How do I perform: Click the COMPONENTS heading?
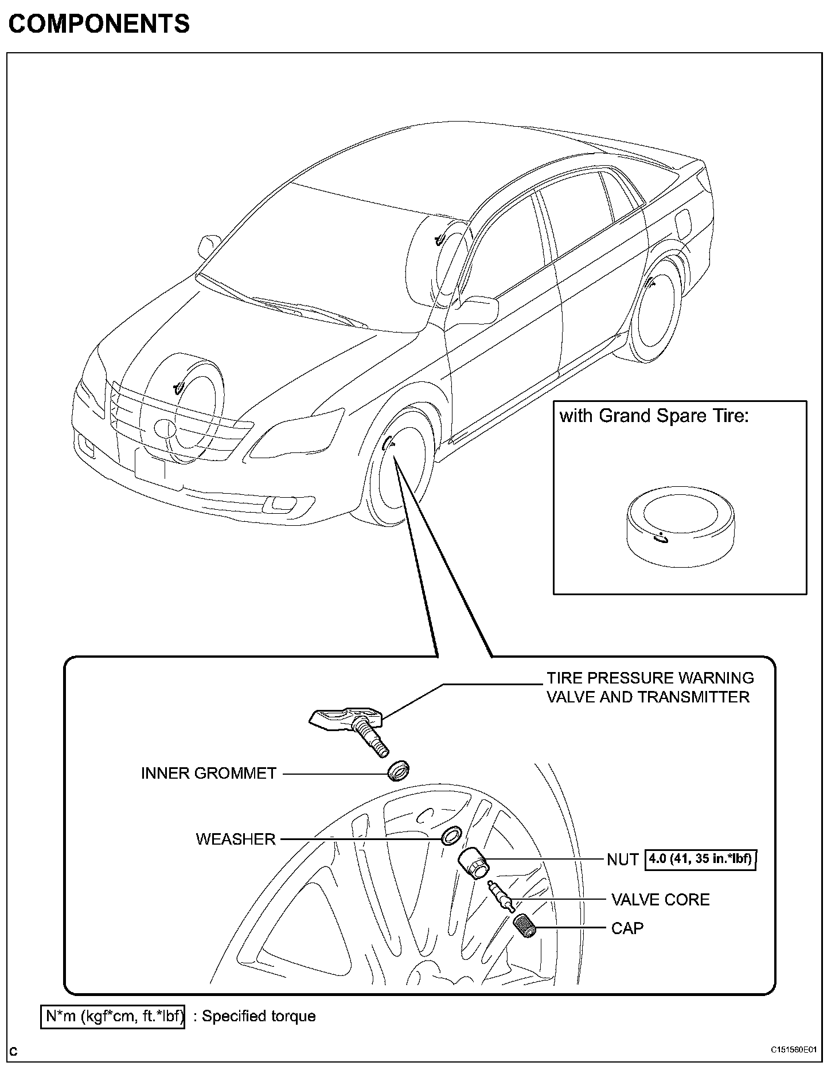[99, 24]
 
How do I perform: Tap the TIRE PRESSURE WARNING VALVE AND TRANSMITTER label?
[649, 687]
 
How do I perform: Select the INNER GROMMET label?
[209, 773]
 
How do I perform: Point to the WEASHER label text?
[236, 839]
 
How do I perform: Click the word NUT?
[623, 860]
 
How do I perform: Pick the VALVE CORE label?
[660, 899]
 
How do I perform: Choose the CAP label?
[627, 928]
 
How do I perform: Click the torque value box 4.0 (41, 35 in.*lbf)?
[701, 859]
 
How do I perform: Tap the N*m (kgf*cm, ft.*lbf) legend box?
[113, 1017]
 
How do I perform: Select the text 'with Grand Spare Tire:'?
[654, 416]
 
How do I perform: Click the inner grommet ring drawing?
[399, 771]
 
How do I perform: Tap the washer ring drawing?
[451, 835]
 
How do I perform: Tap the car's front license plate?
[150, 467]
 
